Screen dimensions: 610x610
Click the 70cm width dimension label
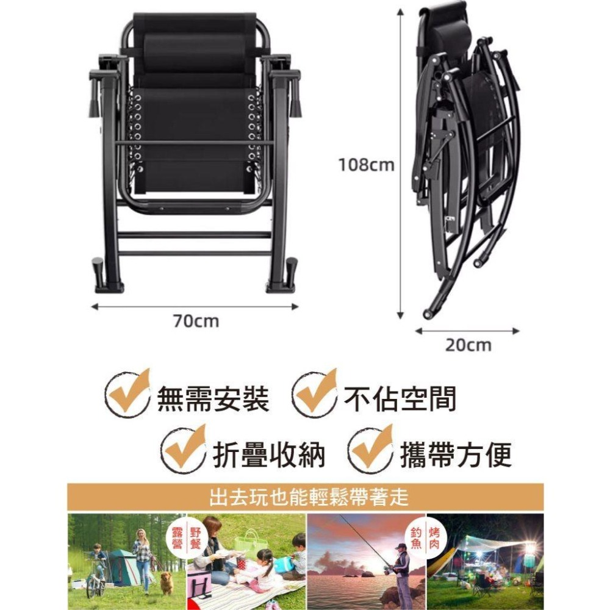pos(194,320)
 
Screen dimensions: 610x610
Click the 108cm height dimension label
pos(366,165)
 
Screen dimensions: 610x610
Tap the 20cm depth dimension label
pos(467,345)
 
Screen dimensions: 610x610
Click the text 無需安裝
pos(213,400)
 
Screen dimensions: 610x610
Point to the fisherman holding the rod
pos(400,567)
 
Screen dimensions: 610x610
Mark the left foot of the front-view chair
pos(109,278)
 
